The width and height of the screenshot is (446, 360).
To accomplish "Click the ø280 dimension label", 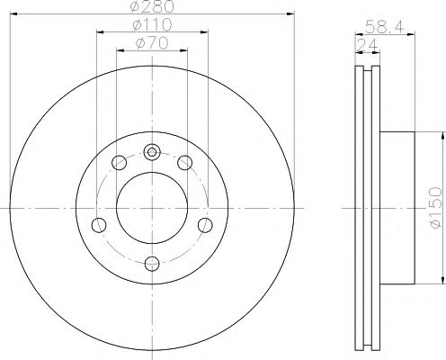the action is (x=153, y=6).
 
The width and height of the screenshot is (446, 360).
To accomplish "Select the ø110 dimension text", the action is (x=153, y=24).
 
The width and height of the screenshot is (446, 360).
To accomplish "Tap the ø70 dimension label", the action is (x=152, y=43).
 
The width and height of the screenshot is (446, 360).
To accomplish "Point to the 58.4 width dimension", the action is (x=385, y=26).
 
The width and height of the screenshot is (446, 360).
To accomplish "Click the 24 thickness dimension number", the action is (x=367, y=45).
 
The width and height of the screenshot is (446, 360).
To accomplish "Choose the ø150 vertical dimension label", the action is (x=436, y=208).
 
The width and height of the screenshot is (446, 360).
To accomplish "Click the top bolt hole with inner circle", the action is (x=152, y=152).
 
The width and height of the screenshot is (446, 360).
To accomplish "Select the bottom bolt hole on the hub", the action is (x=152, y=264).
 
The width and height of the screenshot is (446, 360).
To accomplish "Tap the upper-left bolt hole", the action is (x=119, y=163).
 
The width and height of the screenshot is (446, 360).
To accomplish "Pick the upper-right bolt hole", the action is (x=184, y=163).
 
